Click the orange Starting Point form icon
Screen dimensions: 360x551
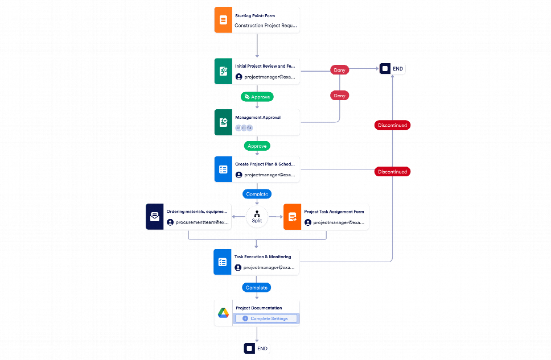click(x=223, y=21)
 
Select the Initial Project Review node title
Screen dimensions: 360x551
click(x=265, y=67)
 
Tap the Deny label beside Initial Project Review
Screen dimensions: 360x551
click(x=339, y=70)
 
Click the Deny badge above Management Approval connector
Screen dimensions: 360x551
click(x=339, y=96)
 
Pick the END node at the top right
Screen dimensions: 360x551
click(x=393, y=69)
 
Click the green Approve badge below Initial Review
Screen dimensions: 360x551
click(x=257, y=97)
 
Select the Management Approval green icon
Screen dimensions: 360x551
click(x=223, y=122)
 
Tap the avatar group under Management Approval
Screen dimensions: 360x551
click(x=244, y=128)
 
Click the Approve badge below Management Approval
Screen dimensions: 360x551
click(x=257, y=146)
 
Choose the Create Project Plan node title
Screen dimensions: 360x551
click(x=265, y=163)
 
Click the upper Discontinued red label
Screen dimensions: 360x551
click(x=392, y=125)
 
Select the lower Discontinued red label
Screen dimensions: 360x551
click(x=392, y=171)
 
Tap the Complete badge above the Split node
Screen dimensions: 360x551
click(x=257, y=194)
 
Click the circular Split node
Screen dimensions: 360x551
click(x=257, y=217)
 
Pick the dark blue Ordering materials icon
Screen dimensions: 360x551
click(x=154, y=217)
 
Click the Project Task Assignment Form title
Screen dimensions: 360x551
click(x=334, y=212)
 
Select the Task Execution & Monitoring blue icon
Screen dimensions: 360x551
click(x=223, y=262)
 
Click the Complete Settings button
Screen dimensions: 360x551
click(x=266, y=318)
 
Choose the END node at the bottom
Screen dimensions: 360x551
click(x=257, y=348)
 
